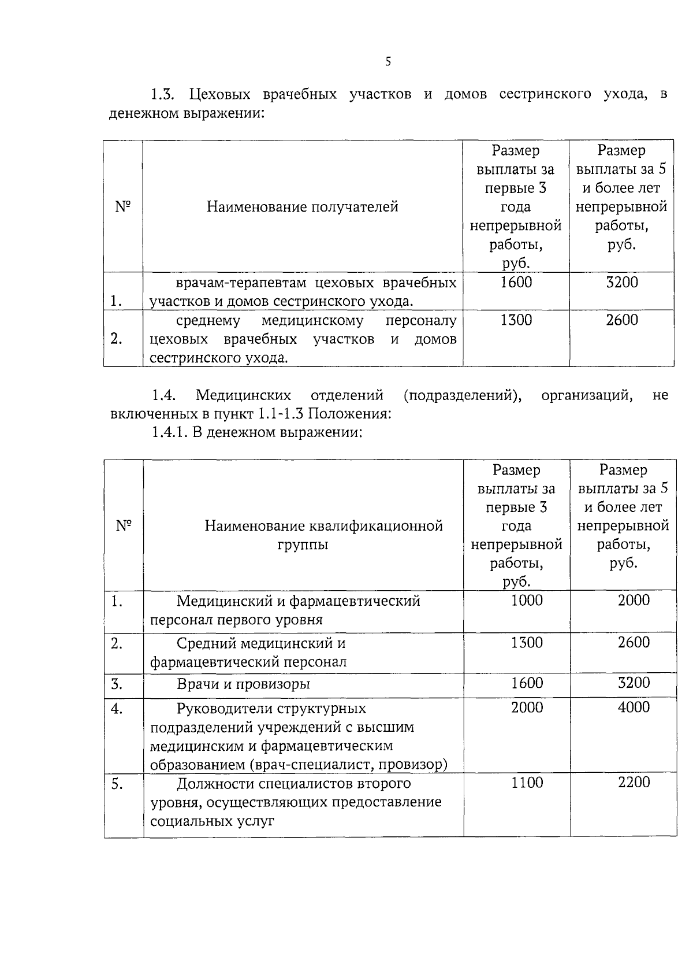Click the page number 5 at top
(388, 62)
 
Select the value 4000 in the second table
(634, 707)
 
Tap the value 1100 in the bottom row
(527, 783)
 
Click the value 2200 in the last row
(634, 783)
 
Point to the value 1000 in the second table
(527, 601)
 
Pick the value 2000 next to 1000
(634, 601)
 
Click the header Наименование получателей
(303, 207)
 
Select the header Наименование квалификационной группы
(323, 535)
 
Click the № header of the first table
(123, 206)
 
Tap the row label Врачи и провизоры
(243, 684)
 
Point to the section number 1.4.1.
(168, 432)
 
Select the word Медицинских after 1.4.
(243, 396)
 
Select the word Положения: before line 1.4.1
(356, 414)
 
